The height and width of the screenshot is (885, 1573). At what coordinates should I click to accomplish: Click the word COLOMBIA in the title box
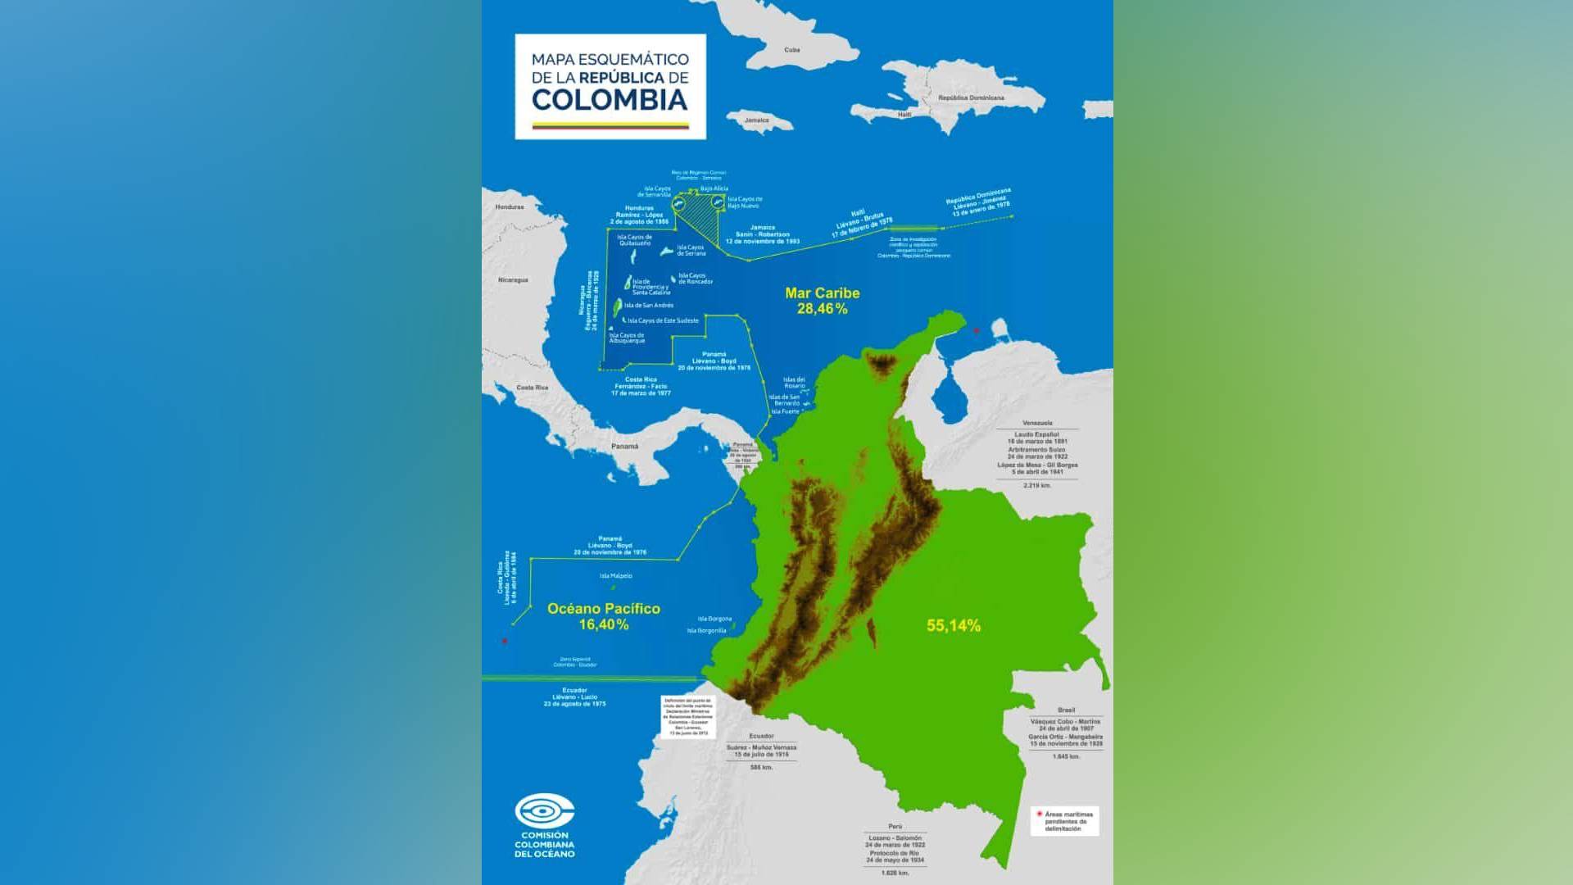(610, 100)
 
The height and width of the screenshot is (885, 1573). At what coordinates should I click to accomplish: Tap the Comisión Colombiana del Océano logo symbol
(544, 812)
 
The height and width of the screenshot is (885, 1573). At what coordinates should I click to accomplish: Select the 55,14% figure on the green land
(953, 626)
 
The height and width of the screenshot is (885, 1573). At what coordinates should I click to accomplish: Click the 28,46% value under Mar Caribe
(822, 309)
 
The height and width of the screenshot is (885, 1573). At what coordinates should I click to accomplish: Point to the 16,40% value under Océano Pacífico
(603, 624)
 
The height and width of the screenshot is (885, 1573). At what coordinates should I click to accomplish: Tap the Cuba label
(791, 50)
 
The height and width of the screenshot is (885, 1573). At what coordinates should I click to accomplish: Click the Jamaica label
(756, 120)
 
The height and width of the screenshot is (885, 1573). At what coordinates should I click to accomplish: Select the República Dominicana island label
(971, 98)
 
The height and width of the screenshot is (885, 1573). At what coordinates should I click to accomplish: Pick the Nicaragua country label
(513, 280)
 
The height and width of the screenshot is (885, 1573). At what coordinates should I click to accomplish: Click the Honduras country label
(509, 207)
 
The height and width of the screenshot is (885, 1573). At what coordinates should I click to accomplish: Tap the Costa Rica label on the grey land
(532, 388)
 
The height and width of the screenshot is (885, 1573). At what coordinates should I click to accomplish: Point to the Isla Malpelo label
(616, 576)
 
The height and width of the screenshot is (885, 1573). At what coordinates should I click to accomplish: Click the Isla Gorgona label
(714, 619)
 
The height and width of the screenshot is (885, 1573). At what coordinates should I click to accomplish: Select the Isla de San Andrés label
(648, 305)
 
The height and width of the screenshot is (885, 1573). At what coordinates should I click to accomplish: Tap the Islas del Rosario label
(794, 383)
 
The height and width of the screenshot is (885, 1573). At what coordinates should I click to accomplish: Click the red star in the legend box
(1040, 815)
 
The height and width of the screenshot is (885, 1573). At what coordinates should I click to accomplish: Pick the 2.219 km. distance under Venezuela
(1037, 485)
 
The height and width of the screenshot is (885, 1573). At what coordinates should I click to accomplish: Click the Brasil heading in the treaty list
(1066, 710)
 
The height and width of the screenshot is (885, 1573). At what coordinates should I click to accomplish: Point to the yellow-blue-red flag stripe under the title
(610, 125)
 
